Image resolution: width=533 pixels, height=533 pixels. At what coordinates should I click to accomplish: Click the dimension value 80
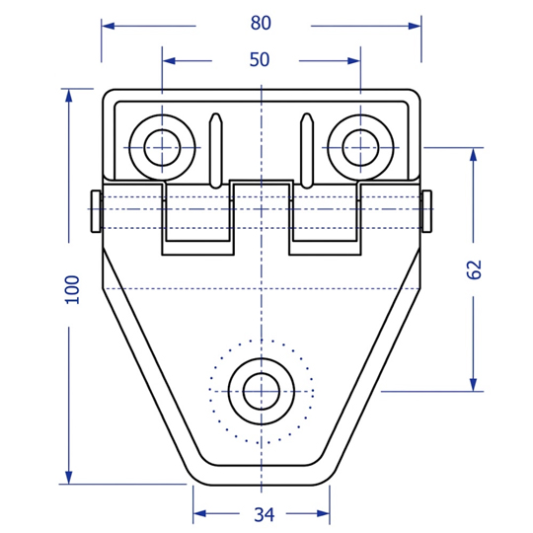coord(261,23)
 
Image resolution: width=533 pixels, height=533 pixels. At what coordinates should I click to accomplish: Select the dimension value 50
coord(260,60)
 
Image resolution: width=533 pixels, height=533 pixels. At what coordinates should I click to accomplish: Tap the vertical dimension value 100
coord(72,289)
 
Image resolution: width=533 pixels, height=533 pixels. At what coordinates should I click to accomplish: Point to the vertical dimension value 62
coord(474,269)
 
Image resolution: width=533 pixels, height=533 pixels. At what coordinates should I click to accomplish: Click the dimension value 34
coord(265,514)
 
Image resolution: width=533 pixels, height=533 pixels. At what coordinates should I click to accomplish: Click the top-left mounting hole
coord(162,148)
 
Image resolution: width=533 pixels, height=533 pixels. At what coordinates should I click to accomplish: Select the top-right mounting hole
coord(360,148)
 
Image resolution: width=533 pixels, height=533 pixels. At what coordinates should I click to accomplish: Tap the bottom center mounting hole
coord(262,392)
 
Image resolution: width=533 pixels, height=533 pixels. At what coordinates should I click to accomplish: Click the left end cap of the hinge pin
coord(96,211)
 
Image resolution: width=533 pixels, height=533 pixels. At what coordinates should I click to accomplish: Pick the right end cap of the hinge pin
coord(426,211)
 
